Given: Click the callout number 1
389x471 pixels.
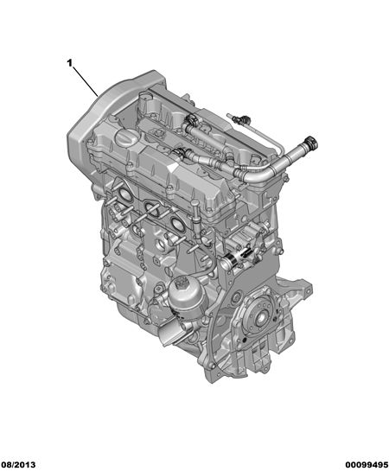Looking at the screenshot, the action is click(69, 63).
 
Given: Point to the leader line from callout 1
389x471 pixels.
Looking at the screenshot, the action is click(85, 80).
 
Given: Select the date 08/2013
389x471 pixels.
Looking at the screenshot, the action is click(18, 464).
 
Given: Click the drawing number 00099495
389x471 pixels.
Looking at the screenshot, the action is click(367, 464).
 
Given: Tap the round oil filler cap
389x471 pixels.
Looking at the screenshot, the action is click(127, 138).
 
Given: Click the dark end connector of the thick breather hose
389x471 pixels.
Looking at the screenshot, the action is click(311, 143).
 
